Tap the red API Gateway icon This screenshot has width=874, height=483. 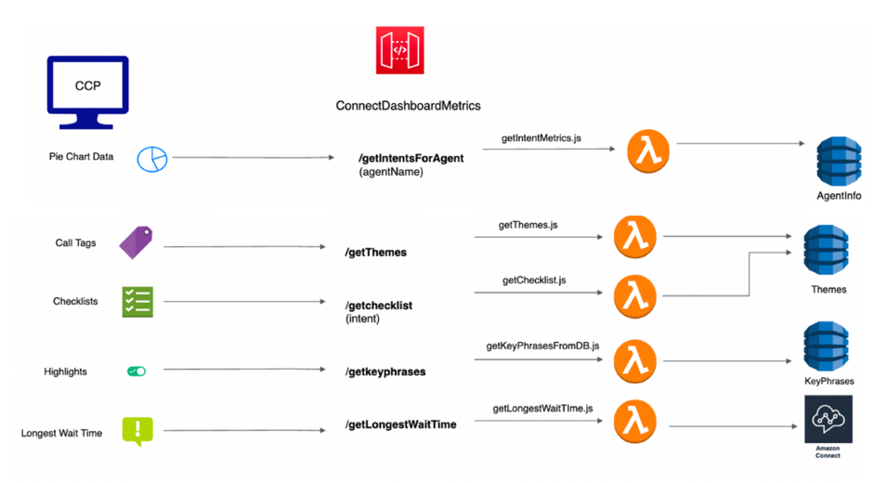pyautogui.click(x=399, y=51)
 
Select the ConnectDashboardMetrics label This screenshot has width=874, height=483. pyautogui.click(x=408, y=106)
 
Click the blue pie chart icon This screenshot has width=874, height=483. pyautogui.click(x=151, y=159)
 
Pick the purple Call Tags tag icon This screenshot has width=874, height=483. pyautogui.click(x=136, y=243)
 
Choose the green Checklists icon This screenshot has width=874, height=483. pyautogui.click(x=137, y=301)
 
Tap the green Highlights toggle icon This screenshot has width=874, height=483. pyautogui.click(x=137, y=372)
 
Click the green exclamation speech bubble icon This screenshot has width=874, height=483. pyautogui.click(x=137, y=430)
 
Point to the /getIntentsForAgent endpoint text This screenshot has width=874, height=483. pyautogui.click(x=411, y=158)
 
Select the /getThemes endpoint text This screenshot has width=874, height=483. pyautogui.click(x=376, y=252)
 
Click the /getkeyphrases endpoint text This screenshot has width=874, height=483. pyautogui.click(x=385, y=372)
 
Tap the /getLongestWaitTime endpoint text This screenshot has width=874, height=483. pyautogui.click(x=400, y=424)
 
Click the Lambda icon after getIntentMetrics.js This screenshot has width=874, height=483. pyautogui.click(x=648, y=150)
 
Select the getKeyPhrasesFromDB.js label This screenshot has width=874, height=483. pyautogui.click(x=542, y=346)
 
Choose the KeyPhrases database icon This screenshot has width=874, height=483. pyautogui.click(x=828, y=346)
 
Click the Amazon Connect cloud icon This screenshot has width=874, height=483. pyautogui.click(x=828, y=420)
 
